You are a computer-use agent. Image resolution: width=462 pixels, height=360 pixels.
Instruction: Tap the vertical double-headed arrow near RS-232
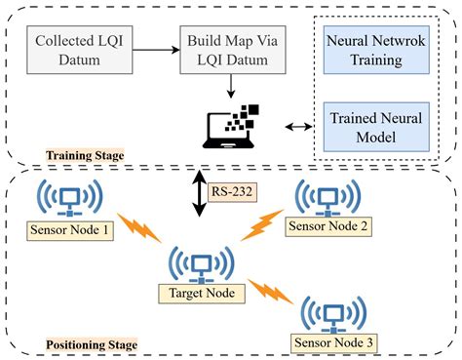tap(199, 194)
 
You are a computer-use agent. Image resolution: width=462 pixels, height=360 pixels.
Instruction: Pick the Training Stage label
tap(84, 155)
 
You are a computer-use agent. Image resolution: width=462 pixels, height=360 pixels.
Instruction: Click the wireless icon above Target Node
tap(201, 261)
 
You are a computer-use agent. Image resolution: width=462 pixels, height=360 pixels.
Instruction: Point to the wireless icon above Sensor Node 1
tap(69, 199)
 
